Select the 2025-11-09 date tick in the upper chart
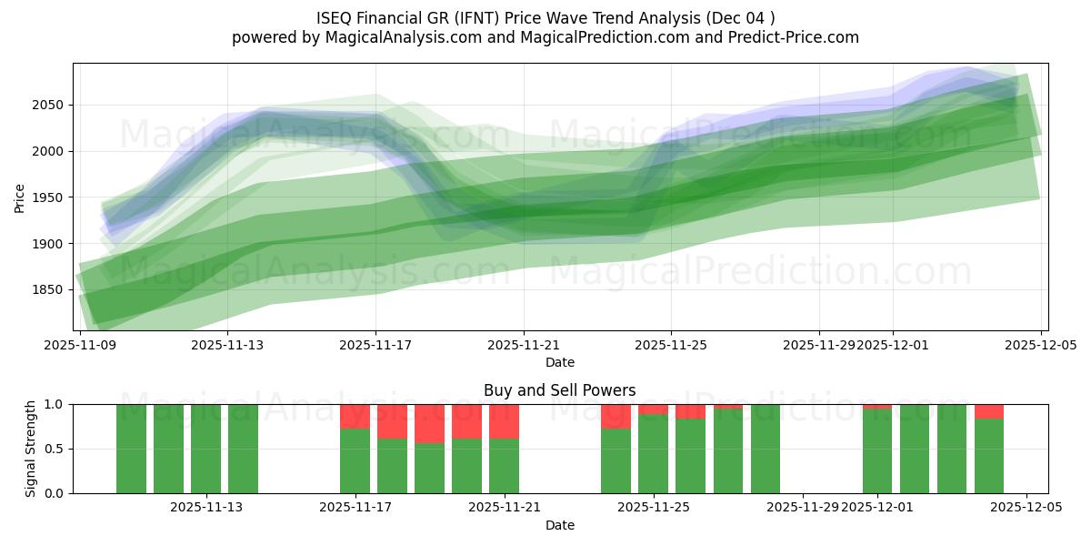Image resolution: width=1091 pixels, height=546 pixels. coord(80,345)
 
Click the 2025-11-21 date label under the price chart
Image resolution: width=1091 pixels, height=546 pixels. coord(524,345)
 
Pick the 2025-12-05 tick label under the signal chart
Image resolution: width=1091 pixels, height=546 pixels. coord(1026,508)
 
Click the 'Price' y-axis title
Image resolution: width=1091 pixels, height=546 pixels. coord(20,197)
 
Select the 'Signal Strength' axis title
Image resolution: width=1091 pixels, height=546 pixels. coord(31,449)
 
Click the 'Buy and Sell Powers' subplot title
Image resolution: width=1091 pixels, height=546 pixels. coord(560,390)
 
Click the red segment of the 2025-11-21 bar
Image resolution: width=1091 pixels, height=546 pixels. coord(505,421)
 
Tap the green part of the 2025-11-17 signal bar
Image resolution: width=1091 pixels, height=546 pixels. coord(355,460)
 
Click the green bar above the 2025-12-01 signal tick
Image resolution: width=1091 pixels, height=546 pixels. coord(877,451)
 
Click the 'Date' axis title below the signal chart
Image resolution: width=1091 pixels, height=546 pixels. coord(560,525)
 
